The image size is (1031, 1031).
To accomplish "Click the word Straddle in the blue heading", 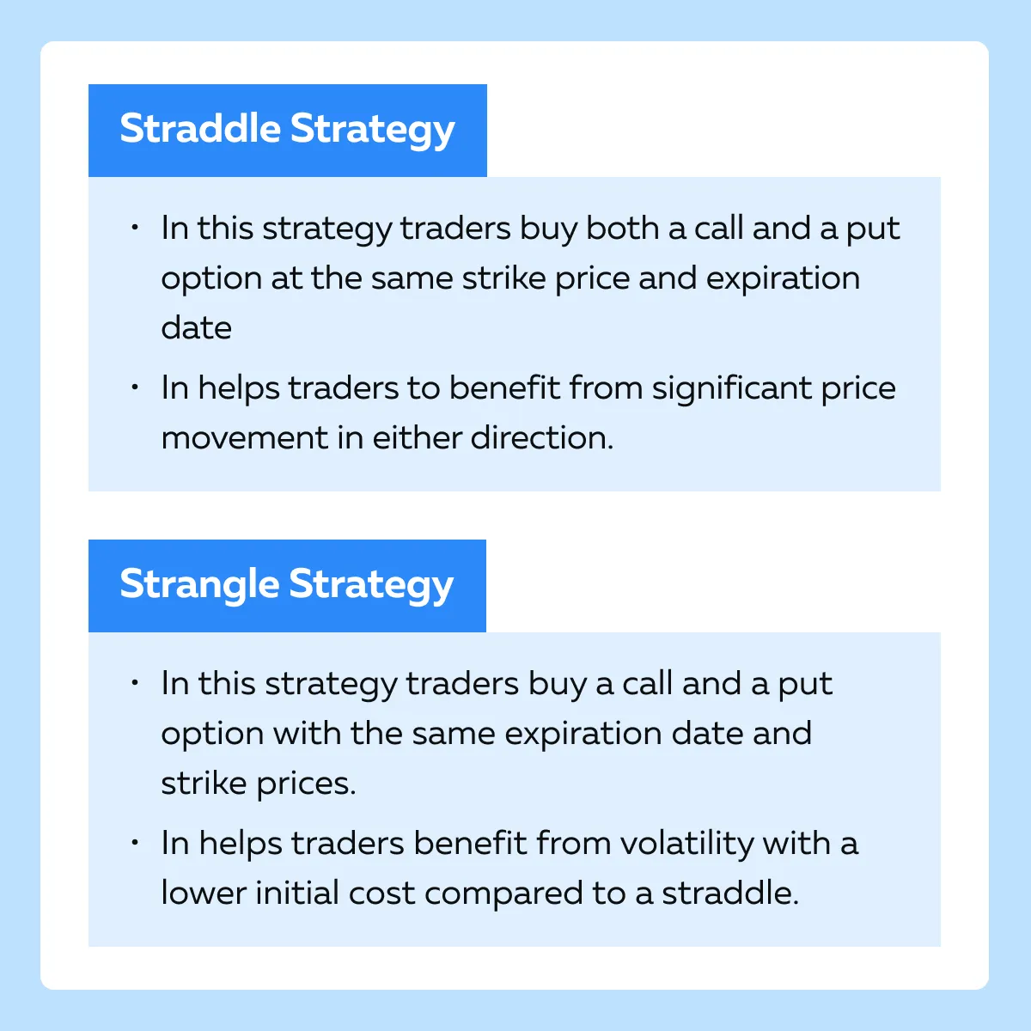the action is coord(200,128).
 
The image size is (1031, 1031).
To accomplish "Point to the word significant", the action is coord(732,389).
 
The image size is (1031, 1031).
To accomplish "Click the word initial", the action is coord(297,893).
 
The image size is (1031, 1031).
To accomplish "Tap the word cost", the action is coord(381,894).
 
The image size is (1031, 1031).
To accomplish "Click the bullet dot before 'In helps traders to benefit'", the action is coord(135,387).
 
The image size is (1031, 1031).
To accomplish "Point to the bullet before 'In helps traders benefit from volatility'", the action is coord(135,842).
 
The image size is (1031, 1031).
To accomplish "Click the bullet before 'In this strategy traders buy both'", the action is coord(135,227).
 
